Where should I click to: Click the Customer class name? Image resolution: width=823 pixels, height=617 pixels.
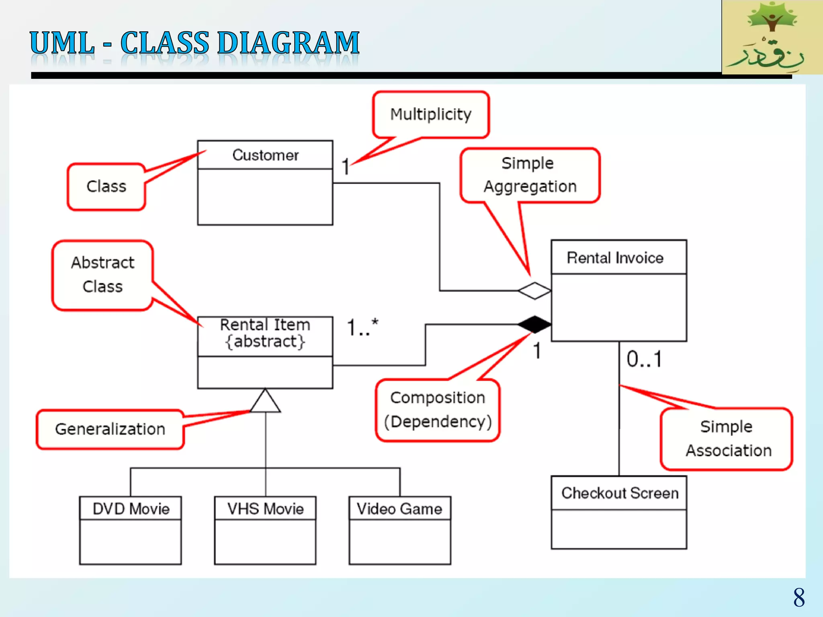pyautogui.click(x=265, y=155)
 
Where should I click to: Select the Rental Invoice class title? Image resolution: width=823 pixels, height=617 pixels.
pyautogui.click(x=615, y=258)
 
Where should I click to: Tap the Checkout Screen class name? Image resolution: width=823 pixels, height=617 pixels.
pyautogui.click(x=620, y=493)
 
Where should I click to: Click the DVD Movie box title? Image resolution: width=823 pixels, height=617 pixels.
pyautogui.click(x=131, y=509)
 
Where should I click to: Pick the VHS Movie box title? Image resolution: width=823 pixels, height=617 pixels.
pyautogui.click(x=265, y=509)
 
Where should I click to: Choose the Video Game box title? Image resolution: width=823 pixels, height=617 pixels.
pyautogui.click(x=399, y=509)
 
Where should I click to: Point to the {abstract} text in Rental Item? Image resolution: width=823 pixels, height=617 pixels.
pyautogui.click(x=265, y=342)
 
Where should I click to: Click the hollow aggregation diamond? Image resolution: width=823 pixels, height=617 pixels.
pyautogui.click(x=534, y=290)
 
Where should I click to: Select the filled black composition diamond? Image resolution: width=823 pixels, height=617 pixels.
pyautogui.click(x=534, y=324)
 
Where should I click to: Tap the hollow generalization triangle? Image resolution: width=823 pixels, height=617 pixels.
pyautogui.click(x=265, y=402)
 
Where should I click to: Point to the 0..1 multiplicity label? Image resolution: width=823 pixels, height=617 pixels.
pyautogui.click(x=644, y=359)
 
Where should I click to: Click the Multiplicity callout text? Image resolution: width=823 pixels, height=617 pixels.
pyautogui.click(x=431, y=114)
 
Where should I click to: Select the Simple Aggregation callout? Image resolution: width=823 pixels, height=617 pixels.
pyautogui.click(x=530, y=175)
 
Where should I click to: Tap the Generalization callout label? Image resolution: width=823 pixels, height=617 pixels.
pyautogui.click(x=110, y=429)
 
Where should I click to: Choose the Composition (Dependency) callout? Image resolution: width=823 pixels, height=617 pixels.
pyautogui.click(x=438, y=410)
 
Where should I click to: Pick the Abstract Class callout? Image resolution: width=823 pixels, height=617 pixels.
pyautogui.click(x=102, y=275)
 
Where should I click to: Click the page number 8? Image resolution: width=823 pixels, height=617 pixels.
pyautogui.click(x=798, y=597)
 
